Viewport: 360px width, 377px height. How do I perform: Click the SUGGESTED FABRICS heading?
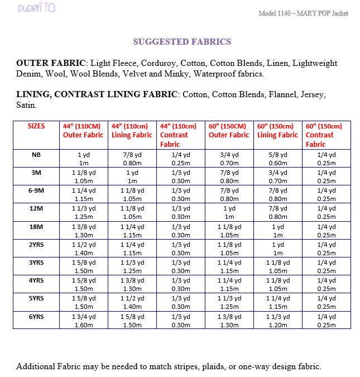point(182,41)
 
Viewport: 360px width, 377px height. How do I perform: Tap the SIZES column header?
point(36,126)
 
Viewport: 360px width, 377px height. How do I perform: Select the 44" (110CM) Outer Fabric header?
point(83,131)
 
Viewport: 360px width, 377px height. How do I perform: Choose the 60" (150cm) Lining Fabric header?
point(277,131)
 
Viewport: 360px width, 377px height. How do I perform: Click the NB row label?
point(36,155)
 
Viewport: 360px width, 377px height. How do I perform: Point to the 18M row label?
point(36,227)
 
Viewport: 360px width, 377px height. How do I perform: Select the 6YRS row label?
point(36,316)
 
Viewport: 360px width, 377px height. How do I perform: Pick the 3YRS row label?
point(36,263)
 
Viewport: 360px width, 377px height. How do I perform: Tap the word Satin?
point(26,105)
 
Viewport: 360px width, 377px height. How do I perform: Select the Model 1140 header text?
point(304,13)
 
